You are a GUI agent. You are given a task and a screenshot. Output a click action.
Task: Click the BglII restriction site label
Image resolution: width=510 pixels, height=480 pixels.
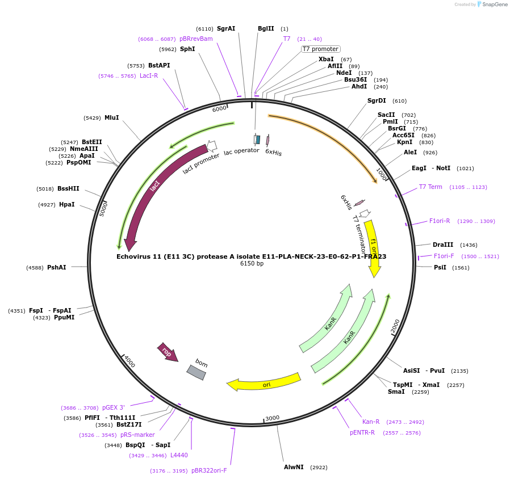(266, 28)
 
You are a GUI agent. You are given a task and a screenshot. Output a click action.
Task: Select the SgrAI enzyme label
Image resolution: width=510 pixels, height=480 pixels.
(226, 28)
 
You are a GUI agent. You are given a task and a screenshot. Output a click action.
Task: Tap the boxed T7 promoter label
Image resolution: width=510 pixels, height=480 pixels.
(320, 49)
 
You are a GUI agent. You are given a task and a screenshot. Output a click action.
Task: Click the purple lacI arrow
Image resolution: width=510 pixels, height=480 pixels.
(153, 187)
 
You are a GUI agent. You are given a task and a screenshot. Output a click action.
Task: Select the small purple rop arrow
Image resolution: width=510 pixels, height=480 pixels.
(167, 352)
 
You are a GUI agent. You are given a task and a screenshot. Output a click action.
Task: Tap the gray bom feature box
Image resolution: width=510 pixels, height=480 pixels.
(197, 372)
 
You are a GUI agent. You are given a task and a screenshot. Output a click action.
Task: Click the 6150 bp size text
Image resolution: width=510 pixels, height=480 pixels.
(252, 264)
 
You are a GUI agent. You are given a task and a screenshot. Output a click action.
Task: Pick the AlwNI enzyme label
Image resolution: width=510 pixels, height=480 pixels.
(294, 467)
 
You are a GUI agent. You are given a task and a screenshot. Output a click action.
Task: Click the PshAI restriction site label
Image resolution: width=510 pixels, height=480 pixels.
(57, 267)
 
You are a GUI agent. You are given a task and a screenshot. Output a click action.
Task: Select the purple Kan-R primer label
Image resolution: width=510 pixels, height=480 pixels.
(371, 422)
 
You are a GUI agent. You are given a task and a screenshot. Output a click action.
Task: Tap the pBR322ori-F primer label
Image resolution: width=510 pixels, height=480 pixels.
(209, 470)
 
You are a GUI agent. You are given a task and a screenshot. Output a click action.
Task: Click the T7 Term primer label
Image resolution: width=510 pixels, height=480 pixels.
(430, 187)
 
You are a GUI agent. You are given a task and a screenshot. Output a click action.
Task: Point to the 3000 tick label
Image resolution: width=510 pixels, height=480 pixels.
(273, 418)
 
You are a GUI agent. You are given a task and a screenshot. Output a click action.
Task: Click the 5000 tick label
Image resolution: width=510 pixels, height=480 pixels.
(103, 208)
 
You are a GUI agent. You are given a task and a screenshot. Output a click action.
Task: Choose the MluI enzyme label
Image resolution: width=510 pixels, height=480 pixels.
(112, 117)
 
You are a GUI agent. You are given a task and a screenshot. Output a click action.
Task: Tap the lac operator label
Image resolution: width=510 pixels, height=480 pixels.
(241, 151)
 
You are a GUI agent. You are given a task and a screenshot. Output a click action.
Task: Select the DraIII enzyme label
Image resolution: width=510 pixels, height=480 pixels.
(443, 245)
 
